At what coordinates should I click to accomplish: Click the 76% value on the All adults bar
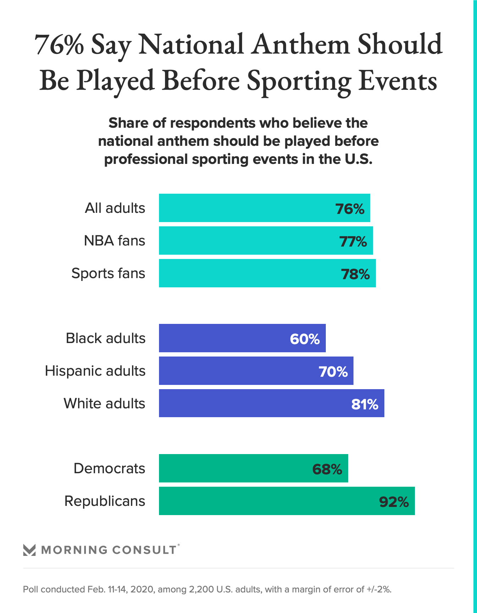pyautogui.click(x=350, y=209)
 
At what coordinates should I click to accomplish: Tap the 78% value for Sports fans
pyautogui.click(x=355, y=274)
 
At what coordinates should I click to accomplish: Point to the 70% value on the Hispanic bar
pyautogui.click(x=333, y=372)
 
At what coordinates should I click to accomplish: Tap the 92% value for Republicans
pyautogui.click(x=394, y=502)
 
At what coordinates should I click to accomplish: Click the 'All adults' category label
pyautogui.click(x=115, y=208)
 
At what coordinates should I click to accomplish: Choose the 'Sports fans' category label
pyautogui.click(x=108, y=274)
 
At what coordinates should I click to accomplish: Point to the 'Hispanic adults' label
pyautogui.click(x=95, y=371)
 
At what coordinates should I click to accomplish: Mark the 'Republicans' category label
pyautogui.click(x=105, y=501)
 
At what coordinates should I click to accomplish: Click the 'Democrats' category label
pyautogui.click(x=109, y=469)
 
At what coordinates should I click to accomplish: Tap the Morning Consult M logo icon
pyautogui.click(x=29, y=550)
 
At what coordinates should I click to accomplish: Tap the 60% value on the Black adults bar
pyautogui.click(x=305, y=339)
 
